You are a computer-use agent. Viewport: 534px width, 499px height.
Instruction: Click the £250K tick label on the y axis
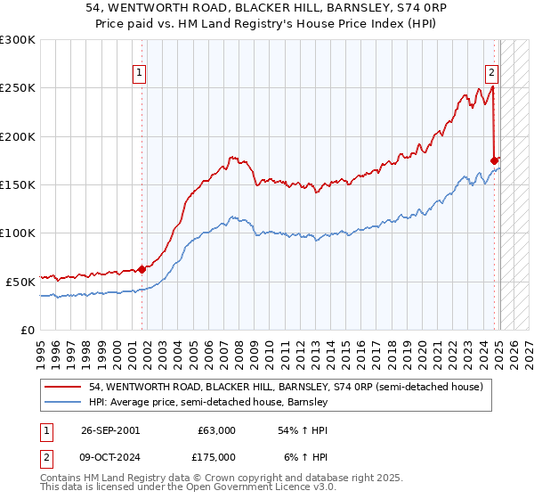pyautogui.click(x=18, y=88)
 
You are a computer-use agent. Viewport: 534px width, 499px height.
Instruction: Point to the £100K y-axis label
pyautogui.click(x=18, y=233)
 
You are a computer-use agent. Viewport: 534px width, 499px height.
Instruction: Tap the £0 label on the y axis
pyautogui.click(x=27, y=330)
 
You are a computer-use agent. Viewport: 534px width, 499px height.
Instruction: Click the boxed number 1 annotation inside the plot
pyautogui.click(x=141, y=74)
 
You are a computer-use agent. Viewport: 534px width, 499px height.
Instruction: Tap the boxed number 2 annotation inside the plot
pyautogui.click(x=491, y=74)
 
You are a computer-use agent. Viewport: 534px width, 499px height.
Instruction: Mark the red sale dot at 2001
pyautogui.click(x=142, y=269)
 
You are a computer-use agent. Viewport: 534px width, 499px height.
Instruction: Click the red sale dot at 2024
pyautogui.click(x=495, y=160)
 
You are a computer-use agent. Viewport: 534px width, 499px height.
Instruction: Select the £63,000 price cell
pyautogui.click(x=217, y=430)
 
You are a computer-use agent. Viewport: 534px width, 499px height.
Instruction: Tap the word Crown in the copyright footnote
pyautogui.click(x=206, y=478)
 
